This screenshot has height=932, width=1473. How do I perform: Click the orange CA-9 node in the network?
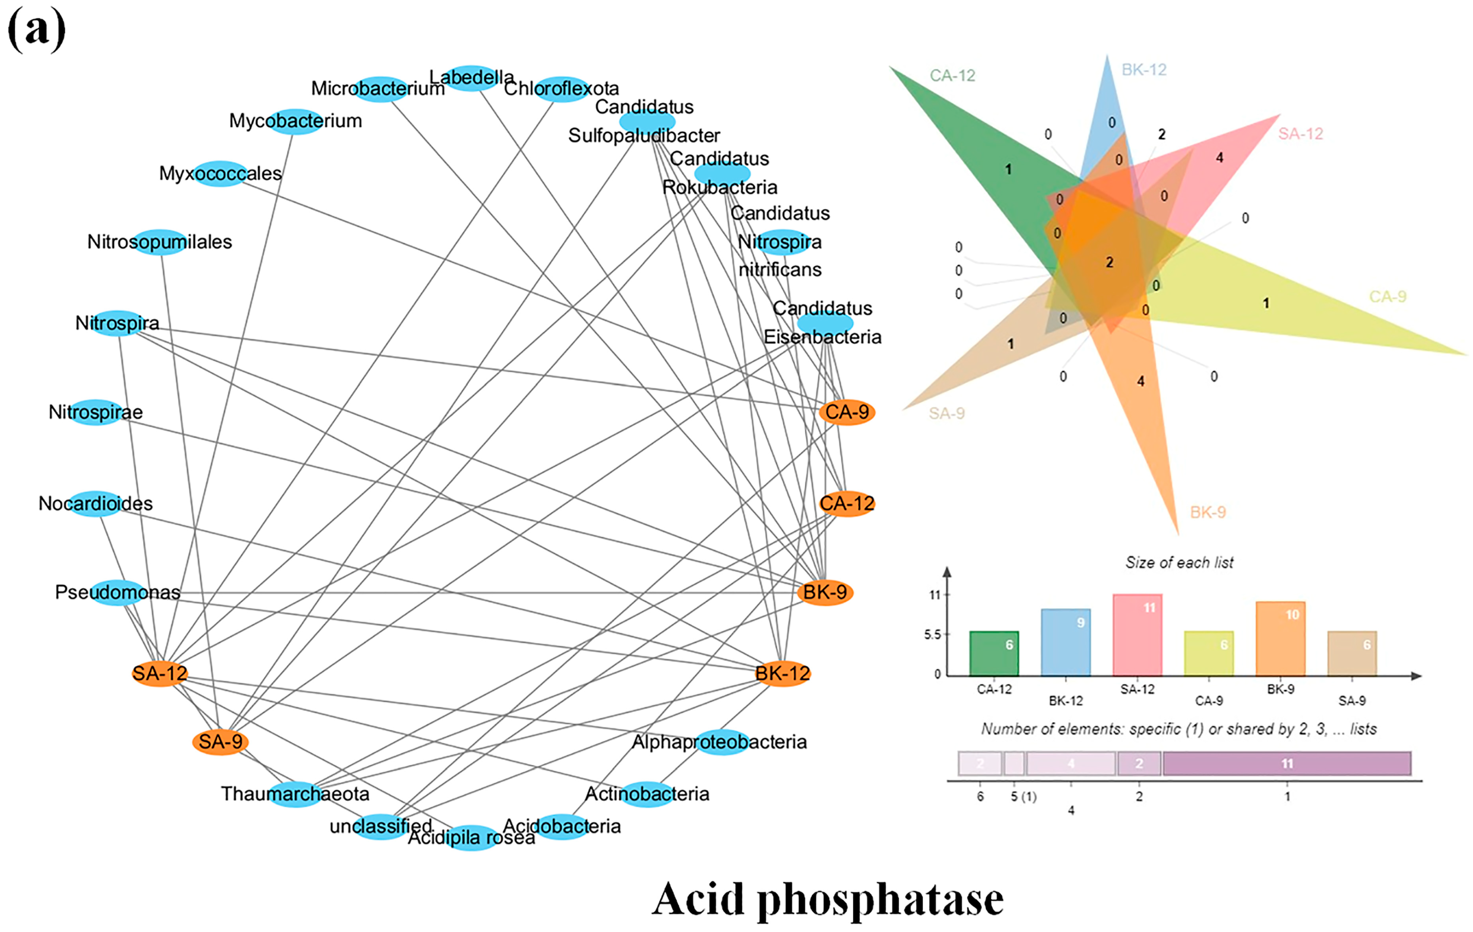847,412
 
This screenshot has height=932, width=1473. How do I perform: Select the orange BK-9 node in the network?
825,592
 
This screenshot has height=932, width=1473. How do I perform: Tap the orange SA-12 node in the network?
160,673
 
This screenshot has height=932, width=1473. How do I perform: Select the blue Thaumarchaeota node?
295,794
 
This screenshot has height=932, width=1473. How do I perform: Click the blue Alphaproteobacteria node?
722,742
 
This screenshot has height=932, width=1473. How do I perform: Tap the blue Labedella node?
472,78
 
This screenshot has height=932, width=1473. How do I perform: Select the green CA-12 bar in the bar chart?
994,653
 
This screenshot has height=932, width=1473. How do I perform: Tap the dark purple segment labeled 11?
1287,763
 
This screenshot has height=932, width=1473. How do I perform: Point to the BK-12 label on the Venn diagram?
1144,70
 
